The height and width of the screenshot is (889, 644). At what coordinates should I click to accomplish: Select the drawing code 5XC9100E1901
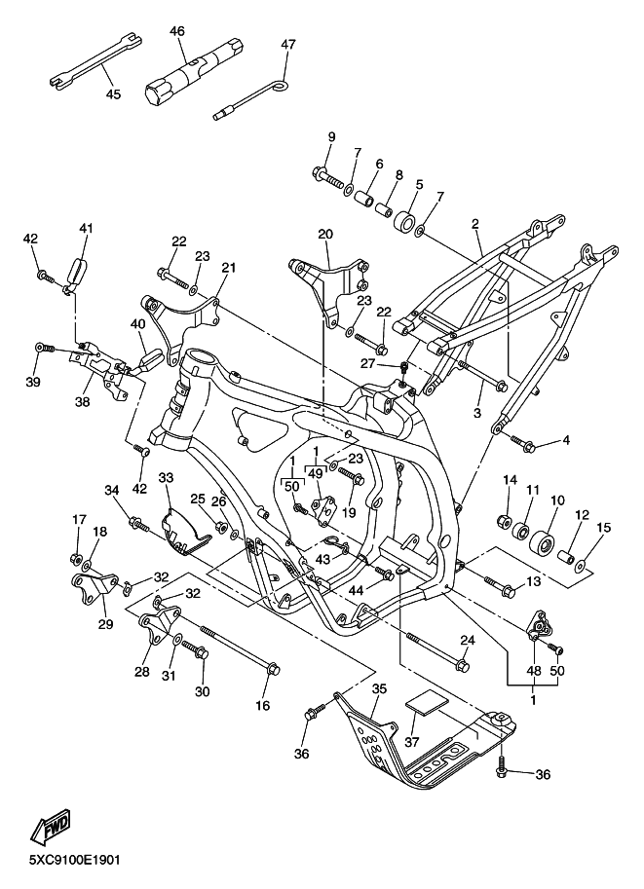point(75,861)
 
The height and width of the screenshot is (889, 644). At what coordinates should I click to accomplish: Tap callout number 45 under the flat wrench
point(113,93)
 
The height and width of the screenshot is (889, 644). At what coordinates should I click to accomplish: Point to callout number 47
point(288,44)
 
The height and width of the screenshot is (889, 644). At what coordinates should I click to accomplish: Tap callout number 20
point(325,234)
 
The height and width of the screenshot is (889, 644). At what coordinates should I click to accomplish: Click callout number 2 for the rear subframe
point(474,224)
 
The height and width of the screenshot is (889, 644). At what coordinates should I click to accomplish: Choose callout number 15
point(604,528)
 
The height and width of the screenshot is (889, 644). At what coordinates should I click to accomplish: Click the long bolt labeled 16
point(239,647)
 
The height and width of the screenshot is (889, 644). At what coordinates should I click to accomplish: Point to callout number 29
point(105,624)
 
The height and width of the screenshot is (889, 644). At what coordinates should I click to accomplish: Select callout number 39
point(33,382)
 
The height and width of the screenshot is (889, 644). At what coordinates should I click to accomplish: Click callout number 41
point(86,229)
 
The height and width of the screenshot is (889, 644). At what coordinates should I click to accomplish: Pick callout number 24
point(467,641)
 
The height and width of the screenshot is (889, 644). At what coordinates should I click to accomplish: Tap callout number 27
point(368,363)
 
